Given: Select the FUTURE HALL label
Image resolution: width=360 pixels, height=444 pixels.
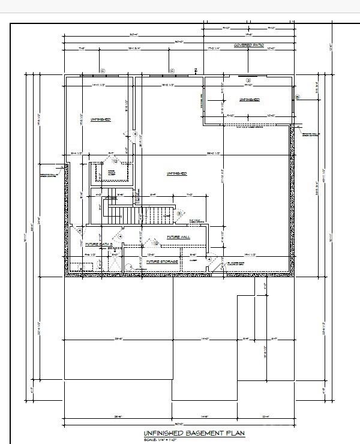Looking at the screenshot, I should tap(179, 237).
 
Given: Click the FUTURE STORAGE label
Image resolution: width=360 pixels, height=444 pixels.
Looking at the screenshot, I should tap(163, 262).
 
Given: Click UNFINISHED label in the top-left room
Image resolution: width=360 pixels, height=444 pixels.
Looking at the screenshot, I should tap(100, 119).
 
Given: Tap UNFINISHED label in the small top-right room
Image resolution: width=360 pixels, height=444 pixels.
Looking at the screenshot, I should tap(250, 99).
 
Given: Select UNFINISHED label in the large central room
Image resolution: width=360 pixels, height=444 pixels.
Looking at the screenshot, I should tap(176, 173).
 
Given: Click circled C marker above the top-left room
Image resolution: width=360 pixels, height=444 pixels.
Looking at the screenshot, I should tap(102, 71).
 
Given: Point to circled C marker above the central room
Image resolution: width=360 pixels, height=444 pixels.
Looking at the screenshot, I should tap(172, 71).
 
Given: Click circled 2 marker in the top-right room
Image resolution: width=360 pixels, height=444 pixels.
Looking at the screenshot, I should tap(248, 80).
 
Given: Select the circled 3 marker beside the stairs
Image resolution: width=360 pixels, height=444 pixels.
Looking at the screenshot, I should tap(179, 213).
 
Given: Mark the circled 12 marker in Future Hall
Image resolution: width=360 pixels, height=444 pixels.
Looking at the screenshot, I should tap(155, 243).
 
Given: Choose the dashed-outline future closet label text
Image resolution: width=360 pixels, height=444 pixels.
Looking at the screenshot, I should tap(110, 172).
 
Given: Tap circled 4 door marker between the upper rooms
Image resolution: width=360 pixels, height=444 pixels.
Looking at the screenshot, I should tap(135, 134).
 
